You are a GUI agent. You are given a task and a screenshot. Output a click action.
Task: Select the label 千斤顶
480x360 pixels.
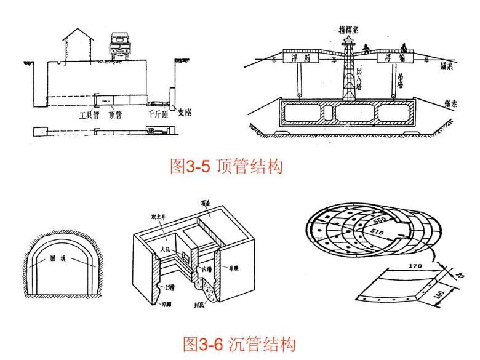point(157,114)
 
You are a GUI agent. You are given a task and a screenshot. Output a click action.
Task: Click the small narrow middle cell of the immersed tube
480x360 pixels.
point(329,112)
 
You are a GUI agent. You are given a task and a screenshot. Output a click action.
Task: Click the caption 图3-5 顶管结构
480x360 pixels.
point(226,166)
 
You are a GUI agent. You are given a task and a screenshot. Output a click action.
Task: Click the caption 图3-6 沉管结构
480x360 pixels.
point(239,343)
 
